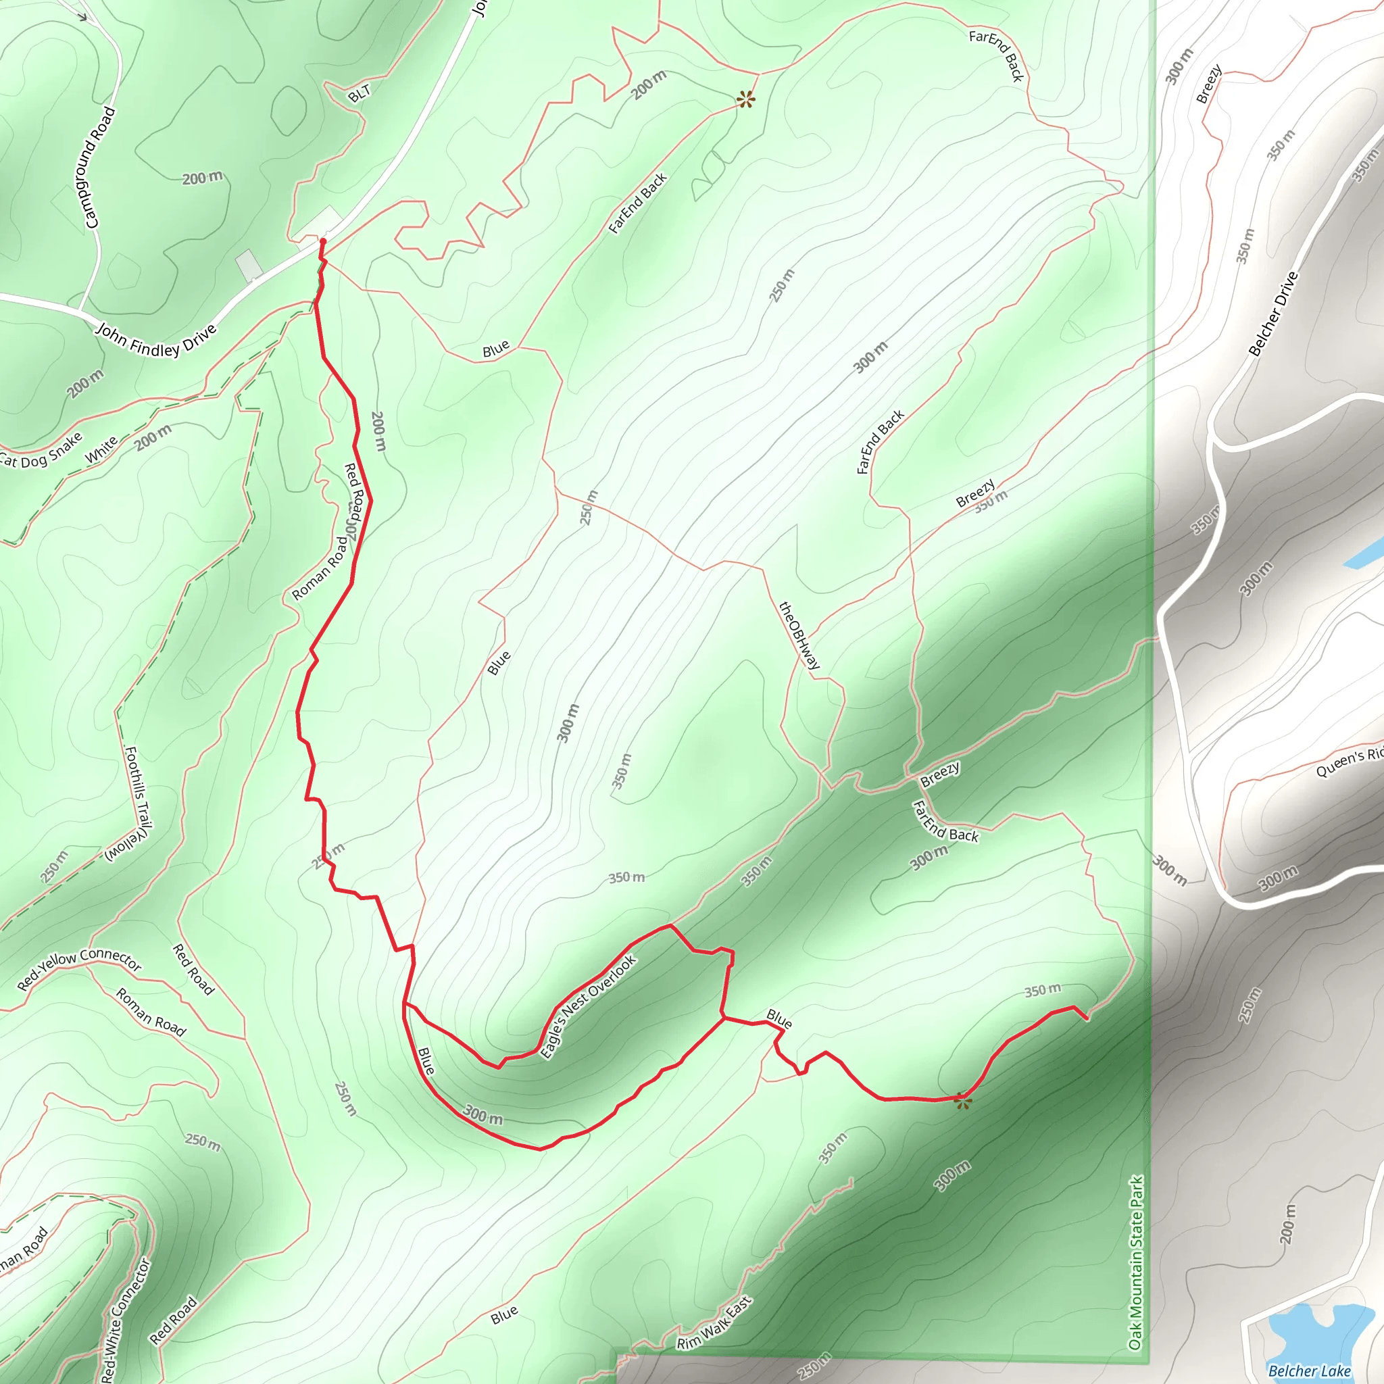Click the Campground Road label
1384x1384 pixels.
pyautogui.click(x=100, y=168)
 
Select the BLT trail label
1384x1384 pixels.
pyautogui.click(x=360, y=93)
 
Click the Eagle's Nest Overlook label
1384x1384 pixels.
pyautogui.click(x=588, y=1007)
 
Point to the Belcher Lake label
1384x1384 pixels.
pyautogui.click(x=1309, y=1371)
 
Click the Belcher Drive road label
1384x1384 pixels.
pyautogui.click(x=1273, y=313)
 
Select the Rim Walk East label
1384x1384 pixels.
pyautogui.click(x=714, y=1323)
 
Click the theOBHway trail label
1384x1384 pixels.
pyautogui.click(x=799, y=636)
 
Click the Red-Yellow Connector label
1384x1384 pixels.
pyautogui.click(x=79, y=969)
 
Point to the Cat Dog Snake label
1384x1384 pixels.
pyautogui.click(x=41, y=451)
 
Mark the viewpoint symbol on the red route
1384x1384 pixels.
pyautogui.click(x=964, y=1100)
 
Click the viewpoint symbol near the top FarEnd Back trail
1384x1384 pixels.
pyautogui.click(x=746, y=99)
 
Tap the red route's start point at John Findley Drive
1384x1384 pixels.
pyautogui.click(x=322, y=241)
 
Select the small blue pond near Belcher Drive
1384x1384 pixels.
pyautogui.click(x=1365, y=553)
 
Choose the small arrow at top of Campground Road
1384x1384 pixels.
pyautogui.click(x=84, y=16)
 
